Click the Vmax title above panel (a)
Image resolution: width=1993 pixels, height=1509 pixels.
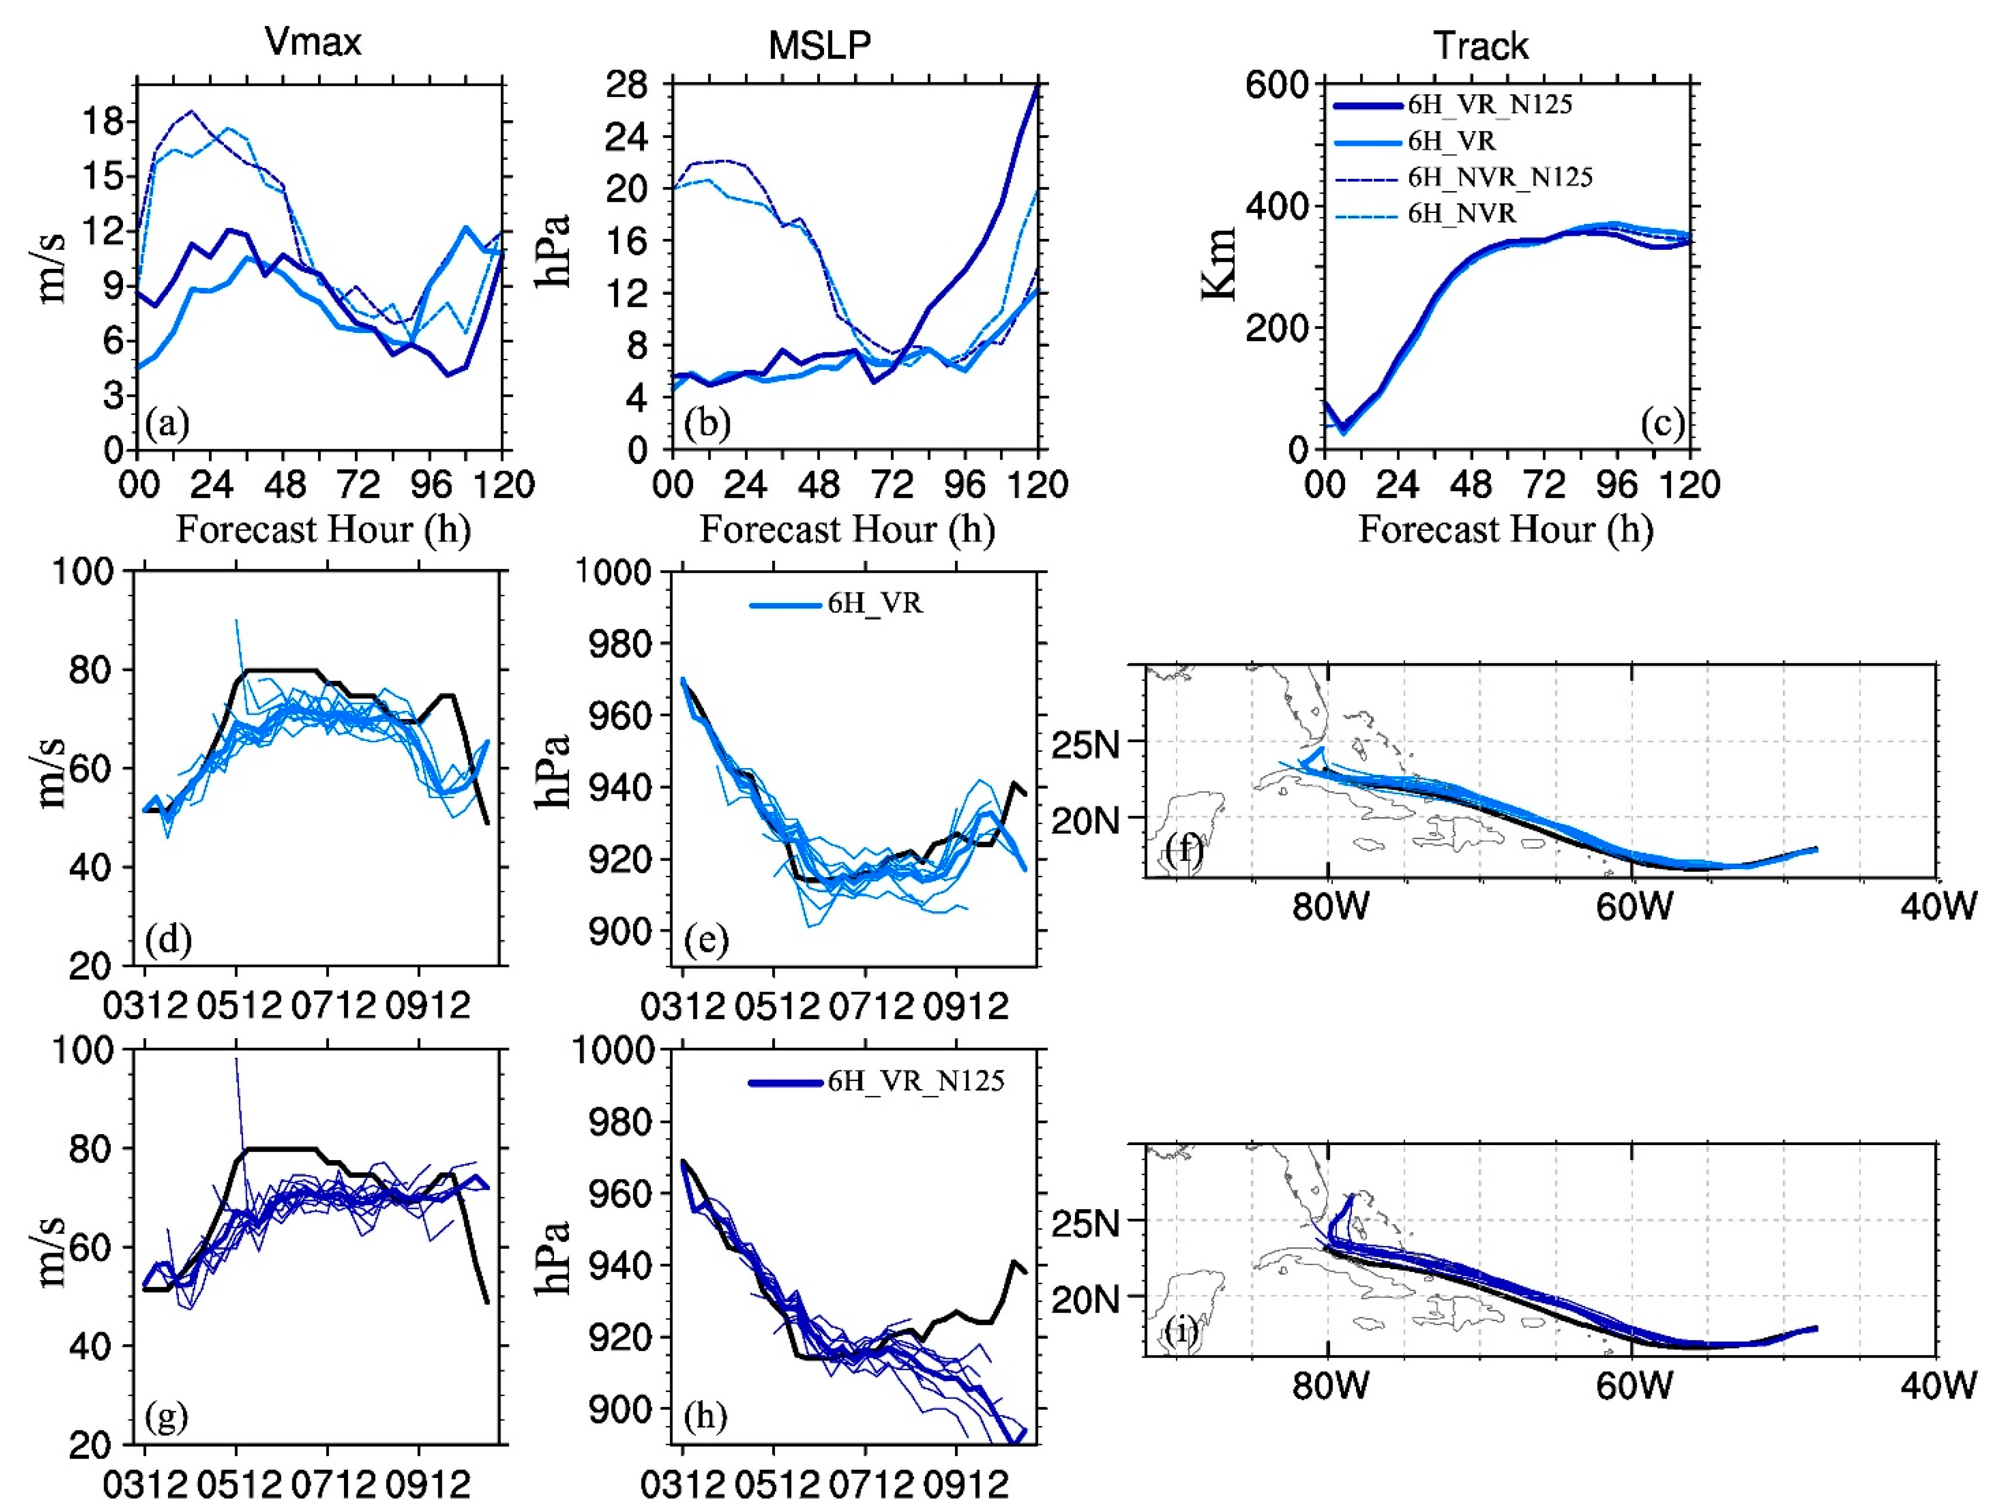(x=312, y=42)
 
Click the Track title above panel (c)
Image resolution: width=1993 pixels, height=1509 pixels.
(x=1480, y=46)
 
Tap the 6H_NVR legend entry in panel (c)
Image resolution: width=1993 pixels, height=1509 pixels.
(x=1461, y=213)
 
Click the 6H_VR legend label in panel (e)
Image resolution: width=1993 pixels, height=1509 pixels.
(x=875, y=604)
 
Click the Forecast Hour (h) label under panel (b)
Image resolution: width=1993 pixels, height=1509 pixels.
(x=847, y=530)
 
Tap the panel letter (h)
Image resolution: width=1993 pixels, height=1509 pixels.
(x=705, y=1416)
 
